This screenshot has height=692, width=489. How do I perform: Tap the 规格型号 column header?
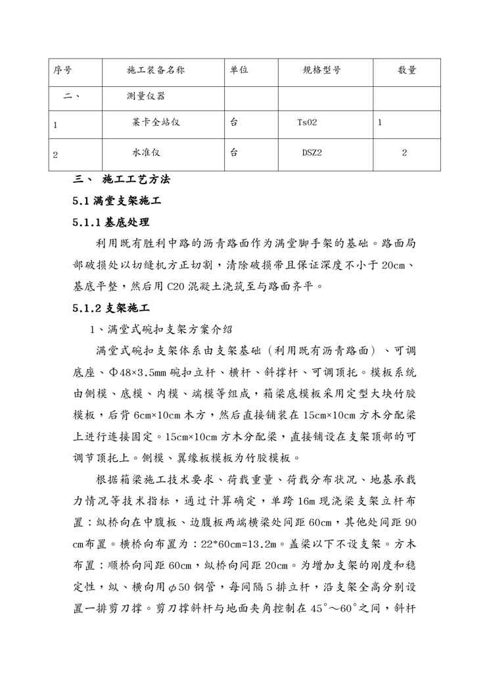pos(321,70)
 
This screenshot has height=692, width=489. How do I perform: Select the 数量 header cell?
pos(407,70)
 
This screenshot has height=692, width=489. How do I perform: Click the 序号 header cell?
pos(62,70)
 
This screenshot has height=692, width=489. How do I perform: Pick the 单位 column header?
pos(239,70)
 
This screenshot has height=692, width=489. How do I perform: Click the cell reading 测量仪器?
pos(145,96)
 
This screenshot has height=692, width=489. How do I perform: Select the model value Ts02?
pos(307,122)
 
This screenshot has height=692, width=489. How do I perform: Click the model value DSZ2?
pos(312,153)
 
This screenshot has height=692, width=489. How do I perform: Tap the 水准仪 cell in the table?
pos(146,153)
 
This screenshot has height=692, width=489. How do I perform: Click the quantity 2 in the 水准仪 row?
pos(404,153)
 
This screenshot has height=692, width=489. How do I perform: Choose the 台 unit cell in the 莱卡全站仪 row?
pos(235,122)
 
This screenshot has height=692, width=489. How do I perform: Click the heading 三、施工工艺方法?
pos(123,180)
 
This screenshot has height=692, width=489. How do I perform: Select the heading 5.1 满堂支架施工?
pos(118,201)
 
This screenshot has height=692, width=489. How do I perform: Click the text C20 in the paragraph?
pos(175,286)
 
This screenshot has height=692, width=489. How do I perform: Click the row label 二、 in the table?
pos(72,96)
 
